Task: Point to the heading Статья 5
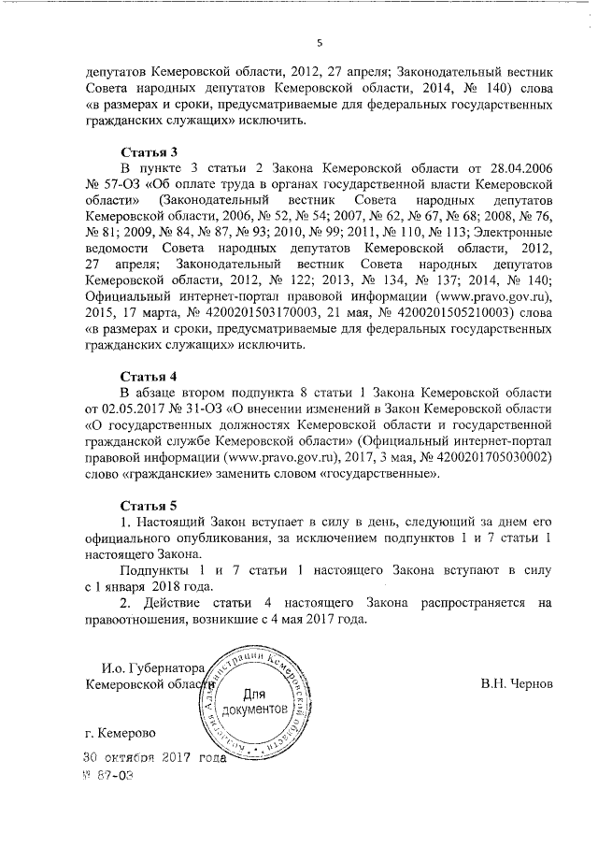pos(149,505)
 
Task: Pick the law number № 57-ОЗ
pos(107,185)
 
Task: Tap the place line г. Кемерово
pos(120,733)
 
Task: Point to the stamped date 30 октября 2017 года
pos(155,758)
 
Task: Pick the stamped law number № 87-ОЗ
pos(108,775)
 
